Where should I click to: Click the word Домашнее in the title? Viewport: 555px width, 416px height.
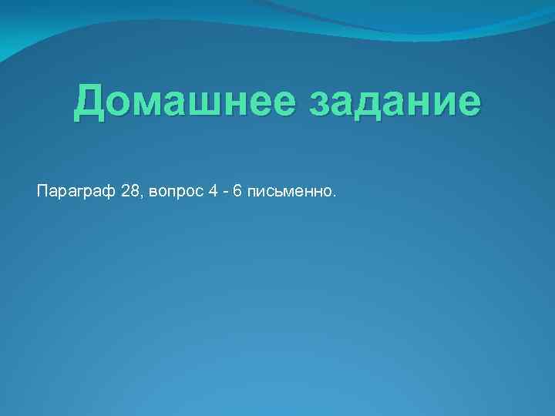point(186,104)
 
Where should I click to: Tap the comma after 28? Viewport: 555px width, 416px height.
point(139,195)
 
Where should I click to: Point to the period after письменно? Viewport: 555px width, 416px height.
point(335,195)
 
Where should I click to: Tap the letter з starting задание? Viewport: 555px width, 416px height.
point(319,106)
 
